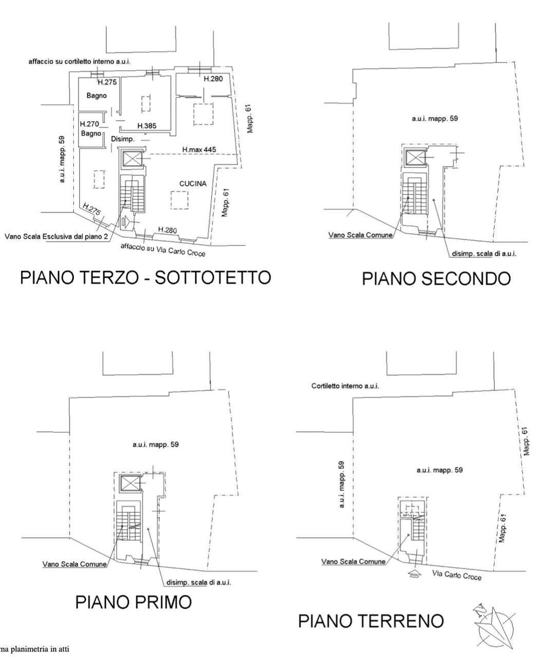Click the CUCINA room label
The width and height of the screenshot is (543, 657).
[193, 183]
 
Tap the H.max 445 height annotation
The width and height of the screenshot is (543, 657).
[199, 149]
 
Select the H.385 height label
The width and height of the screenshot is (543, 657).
[147, 126]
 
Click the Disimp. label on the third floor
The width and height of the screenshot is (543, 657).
[123, 139]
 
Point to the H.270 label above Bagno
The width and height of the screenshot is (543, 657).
[89, 124]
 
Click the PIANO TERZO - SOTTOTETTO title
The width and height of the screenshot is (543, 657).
[145, 278]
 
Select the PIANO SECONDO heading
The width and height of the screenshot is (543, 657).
[436, 279]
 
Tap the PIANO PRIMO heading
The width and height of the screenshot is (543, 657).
[134, 602]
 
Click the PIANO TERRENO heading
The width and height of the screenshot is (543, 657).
[371, 621]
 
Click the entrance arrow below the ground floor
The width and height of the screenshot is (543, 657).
[415, 573]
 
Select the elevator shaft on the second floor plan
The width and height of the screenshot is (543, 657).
[415, 158]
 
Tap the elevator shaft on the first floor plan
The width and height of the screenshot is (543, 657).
[130, 483]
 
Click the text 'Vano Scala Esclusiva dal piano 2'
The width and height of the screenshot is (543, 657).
[56, 236]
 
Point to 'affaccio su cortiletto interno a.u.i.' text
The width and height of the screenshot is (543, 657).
[80, 62]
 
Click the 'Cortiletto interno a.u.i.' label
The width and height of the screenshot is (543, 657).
[345, 386]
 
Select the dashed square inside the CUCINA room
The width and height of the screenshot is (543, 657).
[179, 200]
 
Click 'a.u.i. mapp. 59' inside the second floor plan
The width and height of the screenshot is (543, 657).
[435, 119]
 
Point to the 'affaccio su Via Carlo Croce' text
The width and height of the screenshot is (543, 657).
[163, 250]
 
